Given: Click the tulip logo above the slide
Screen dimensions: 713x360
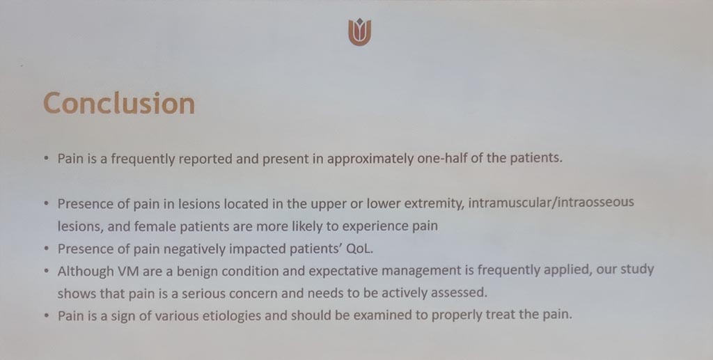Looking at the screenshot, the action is [x=360, y=32].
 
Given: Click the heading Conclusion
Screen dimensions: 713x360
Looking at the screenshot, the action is [x=119, y=103].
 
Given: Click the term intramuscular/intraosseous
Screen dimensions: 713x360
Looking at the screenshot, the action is [x=551, y=202].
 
